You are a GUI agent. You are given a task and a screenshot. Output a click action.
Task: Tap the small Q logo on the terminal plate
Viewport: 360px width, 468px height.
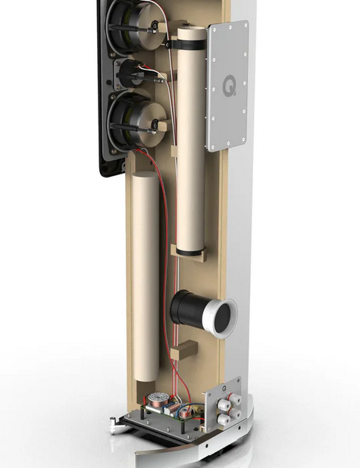pyautogui.click(x=224, y=388)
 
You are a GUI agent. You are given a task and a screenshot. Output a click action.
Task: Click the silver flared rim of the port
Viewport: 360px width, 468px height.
pyautogui.click(x=220, y=319)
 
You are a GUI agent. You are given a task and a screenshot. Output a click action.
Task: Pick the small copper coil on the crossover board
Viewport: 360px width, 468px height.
pyautogui.click(x=183, y=414)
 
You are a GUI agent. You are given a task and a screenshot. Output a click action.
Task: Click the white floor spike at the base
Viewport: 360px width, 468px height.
pyautogui.click(x=114, y=425)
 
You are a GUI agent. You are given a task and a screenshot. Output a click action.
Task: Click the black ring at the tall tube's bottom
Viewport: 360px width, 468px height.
pyautogui.click(x=190, y=253)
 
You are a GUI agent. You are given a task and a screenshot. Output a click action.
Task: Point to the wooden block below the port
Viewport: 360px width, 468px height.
pyautogui.click(x=184, y=350)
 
